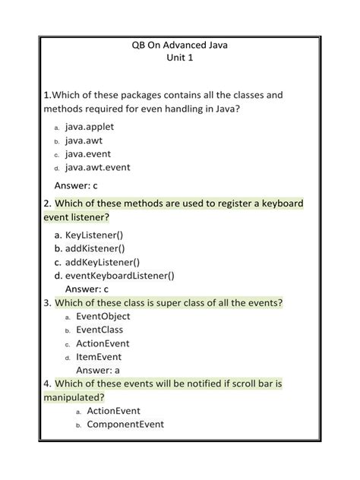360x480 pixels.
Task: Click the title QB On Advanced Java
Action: click(x=179, y=46)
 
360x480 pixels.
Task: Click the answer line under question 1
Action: click(x=76, y=185)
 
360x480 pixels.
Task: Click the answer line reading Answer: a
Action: click(x=98, y=370)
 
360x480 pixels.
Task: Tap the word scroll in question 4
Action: click(x=232, y=384)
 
